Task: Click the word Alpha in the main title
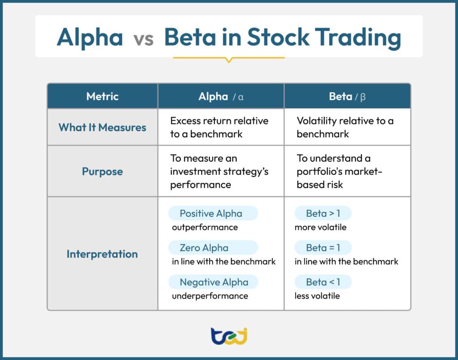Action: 89,38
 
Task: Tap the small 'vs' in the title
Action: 143,39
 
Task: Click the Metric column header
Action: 102,96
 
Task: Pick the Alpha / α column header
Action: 221,96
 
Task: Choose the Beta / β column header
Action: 347,96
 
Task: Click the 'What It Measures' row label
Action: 102,127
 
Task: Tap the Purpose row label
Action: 102,171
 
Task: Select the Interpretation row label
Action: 102,254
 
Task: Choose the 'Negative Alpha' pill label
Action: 213,282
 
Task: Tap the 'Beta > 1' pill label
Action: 323,213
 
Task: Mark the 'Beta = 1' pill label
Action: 323,248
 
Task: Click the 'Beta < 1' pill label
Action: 323,282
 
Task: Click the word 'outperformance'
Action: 205,227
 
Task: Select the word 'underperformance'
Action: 210,296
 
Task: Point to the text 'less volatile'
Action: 317,296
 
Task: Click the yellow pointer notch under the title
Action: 229,59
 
